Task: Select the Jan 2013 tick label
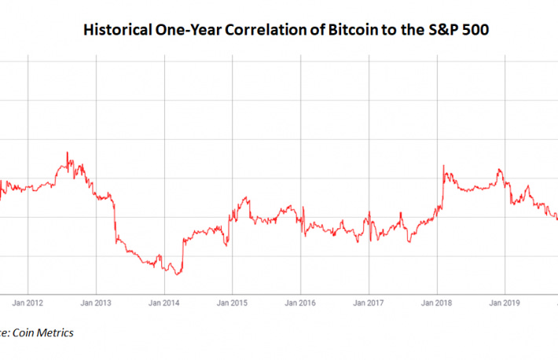(96, 301)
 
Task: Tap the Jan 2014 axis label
(164, 301)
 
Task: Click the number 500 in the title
(449, 31)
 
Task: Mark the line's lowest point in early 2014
(178, 274)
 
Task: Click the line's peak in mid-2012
(68, 152)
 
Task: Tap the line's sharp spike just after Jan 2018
(444, 166)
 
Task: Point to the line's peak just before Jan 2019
(497, 169)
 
